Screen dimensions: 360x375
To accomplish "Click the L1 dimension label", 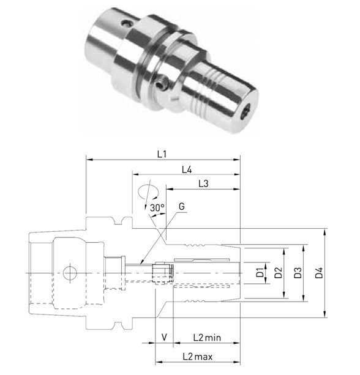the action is [162, 154].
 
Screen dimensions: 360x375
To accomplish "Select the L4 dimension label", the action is [187, 170].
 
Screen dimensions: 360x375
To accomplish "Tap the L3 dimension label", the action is [203, 184].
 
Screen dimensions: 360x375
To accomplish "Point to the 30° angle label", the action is [157, 207].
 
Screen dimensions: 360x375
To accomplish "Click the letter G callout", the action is [182, 206].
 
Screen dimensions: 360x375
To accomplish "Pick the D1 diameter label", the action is [260, 273].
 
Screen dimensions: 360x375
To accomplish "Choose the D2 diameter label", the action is [278, 273].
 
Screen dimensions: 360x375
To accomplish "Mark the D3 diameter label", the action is [298, 273].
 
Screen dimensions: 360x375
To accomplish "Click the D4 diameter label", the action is [319, 273].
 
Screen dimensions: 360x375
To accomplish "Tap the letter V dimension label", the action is [164, 337].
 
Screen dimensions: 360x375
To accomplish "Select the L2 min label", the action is [207, 338].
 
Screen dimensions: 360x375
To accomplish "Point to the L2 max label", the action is [198, 357].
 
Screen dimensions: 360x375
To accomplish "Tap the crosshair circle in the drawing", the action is [70, 273].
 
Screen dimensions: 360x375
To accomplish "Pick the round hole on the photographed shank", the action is [126, 23].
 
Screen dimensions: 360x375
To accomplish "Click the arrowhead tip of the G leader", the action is [140, 264].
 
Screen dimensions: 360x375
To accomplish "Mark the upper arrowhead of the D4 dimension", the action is [325, 229].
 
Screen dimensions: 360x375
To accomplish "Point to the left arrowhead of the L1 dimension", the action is [86, 160].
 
